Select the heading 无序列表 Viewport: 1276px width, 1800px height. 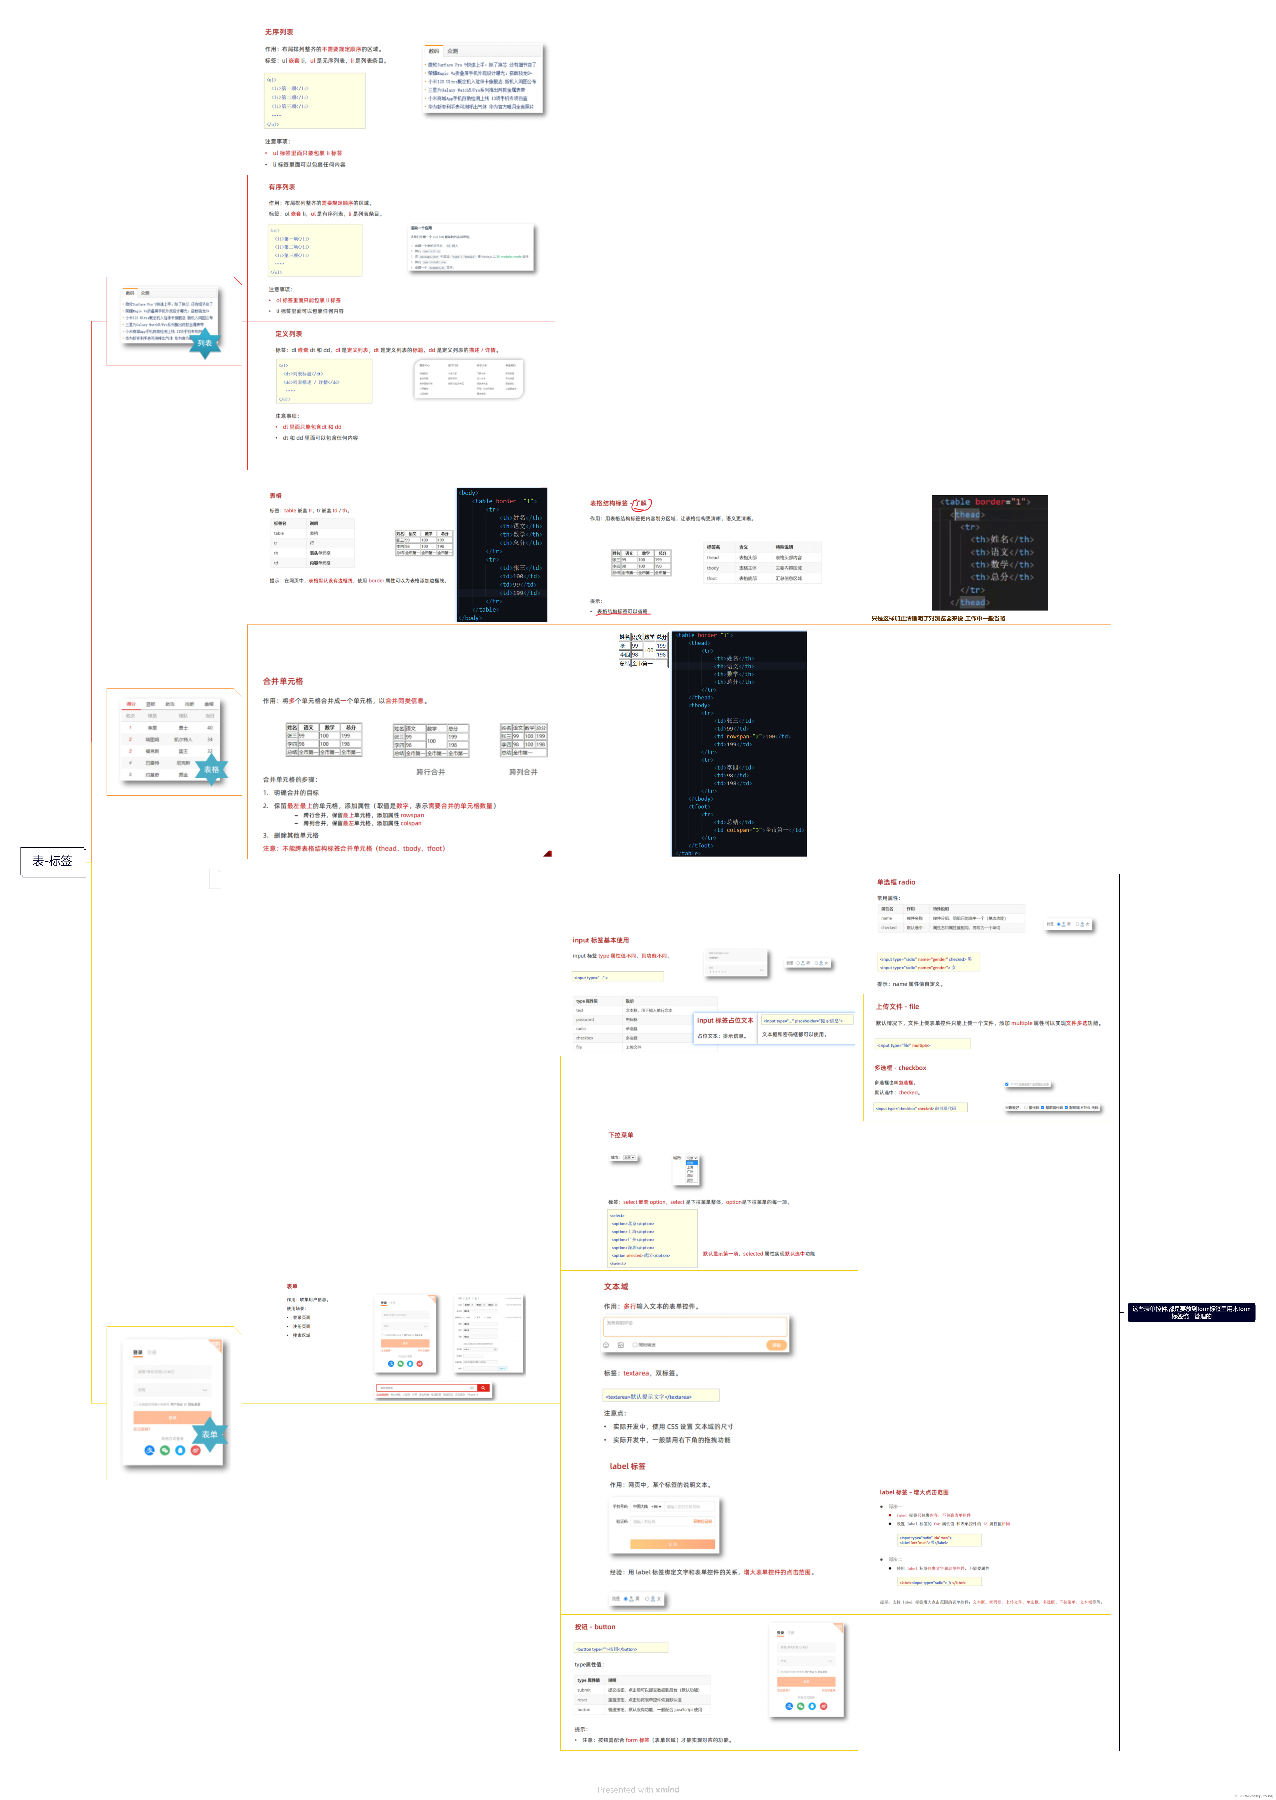[279, 32]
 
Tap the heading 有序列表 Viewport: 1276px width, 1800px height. [282, 187]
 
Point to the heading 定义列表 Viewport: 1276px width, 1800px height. [288, 334]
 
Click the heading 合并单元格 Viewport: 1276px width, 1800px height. [283, 681]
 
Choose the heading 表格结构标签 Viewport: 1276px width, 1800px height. [609, 503]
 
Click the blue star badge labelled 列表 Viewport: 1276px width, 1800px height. [205, 343]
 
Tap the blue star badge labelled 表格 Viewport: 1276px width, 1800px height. [211, 770]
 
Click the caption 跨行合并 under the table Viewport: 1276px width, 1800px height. [431, 772]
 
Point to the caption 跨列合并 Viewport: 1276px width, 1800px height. [523, 772]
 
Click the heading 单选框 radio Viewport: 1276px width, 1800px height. [896, 882]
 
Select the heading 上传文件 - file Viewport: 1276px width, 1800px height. [897, 1006]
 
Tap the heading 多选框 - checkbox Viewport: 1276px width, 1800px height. [900, 1067]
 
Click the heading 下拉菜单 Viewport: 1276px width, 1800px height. [621, 1135]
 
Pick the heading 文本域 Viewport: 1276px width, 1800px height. [616, 1287]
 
